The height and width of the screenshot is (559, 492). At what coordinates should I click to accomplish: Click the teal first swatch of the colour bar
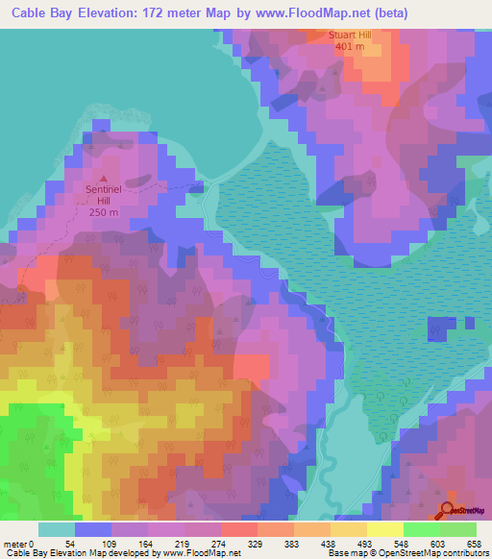tap(57, 529)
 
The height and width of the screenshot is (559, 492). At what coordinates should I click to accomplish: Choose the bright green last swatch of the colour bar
tap(458, 529)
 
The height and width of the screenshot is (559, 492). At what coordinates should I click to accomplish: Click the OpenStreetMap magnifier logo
tap(449, 509)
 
